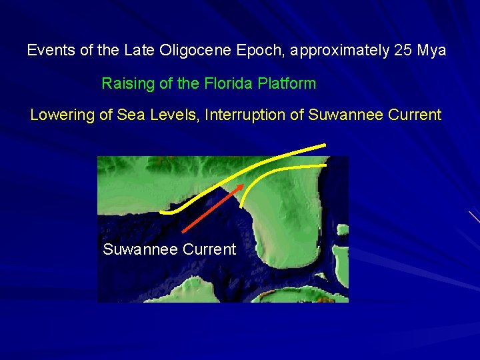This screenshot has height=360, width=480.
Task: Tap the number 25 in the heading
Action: click(403, 51)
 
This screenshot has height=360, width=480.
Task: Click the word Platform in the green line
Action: click(287, 84)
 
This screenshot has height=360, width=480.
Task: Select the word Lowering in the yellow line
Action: click(62, 115)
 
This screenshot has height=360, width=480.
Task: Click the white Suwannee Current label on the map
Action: click(169, 250)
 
